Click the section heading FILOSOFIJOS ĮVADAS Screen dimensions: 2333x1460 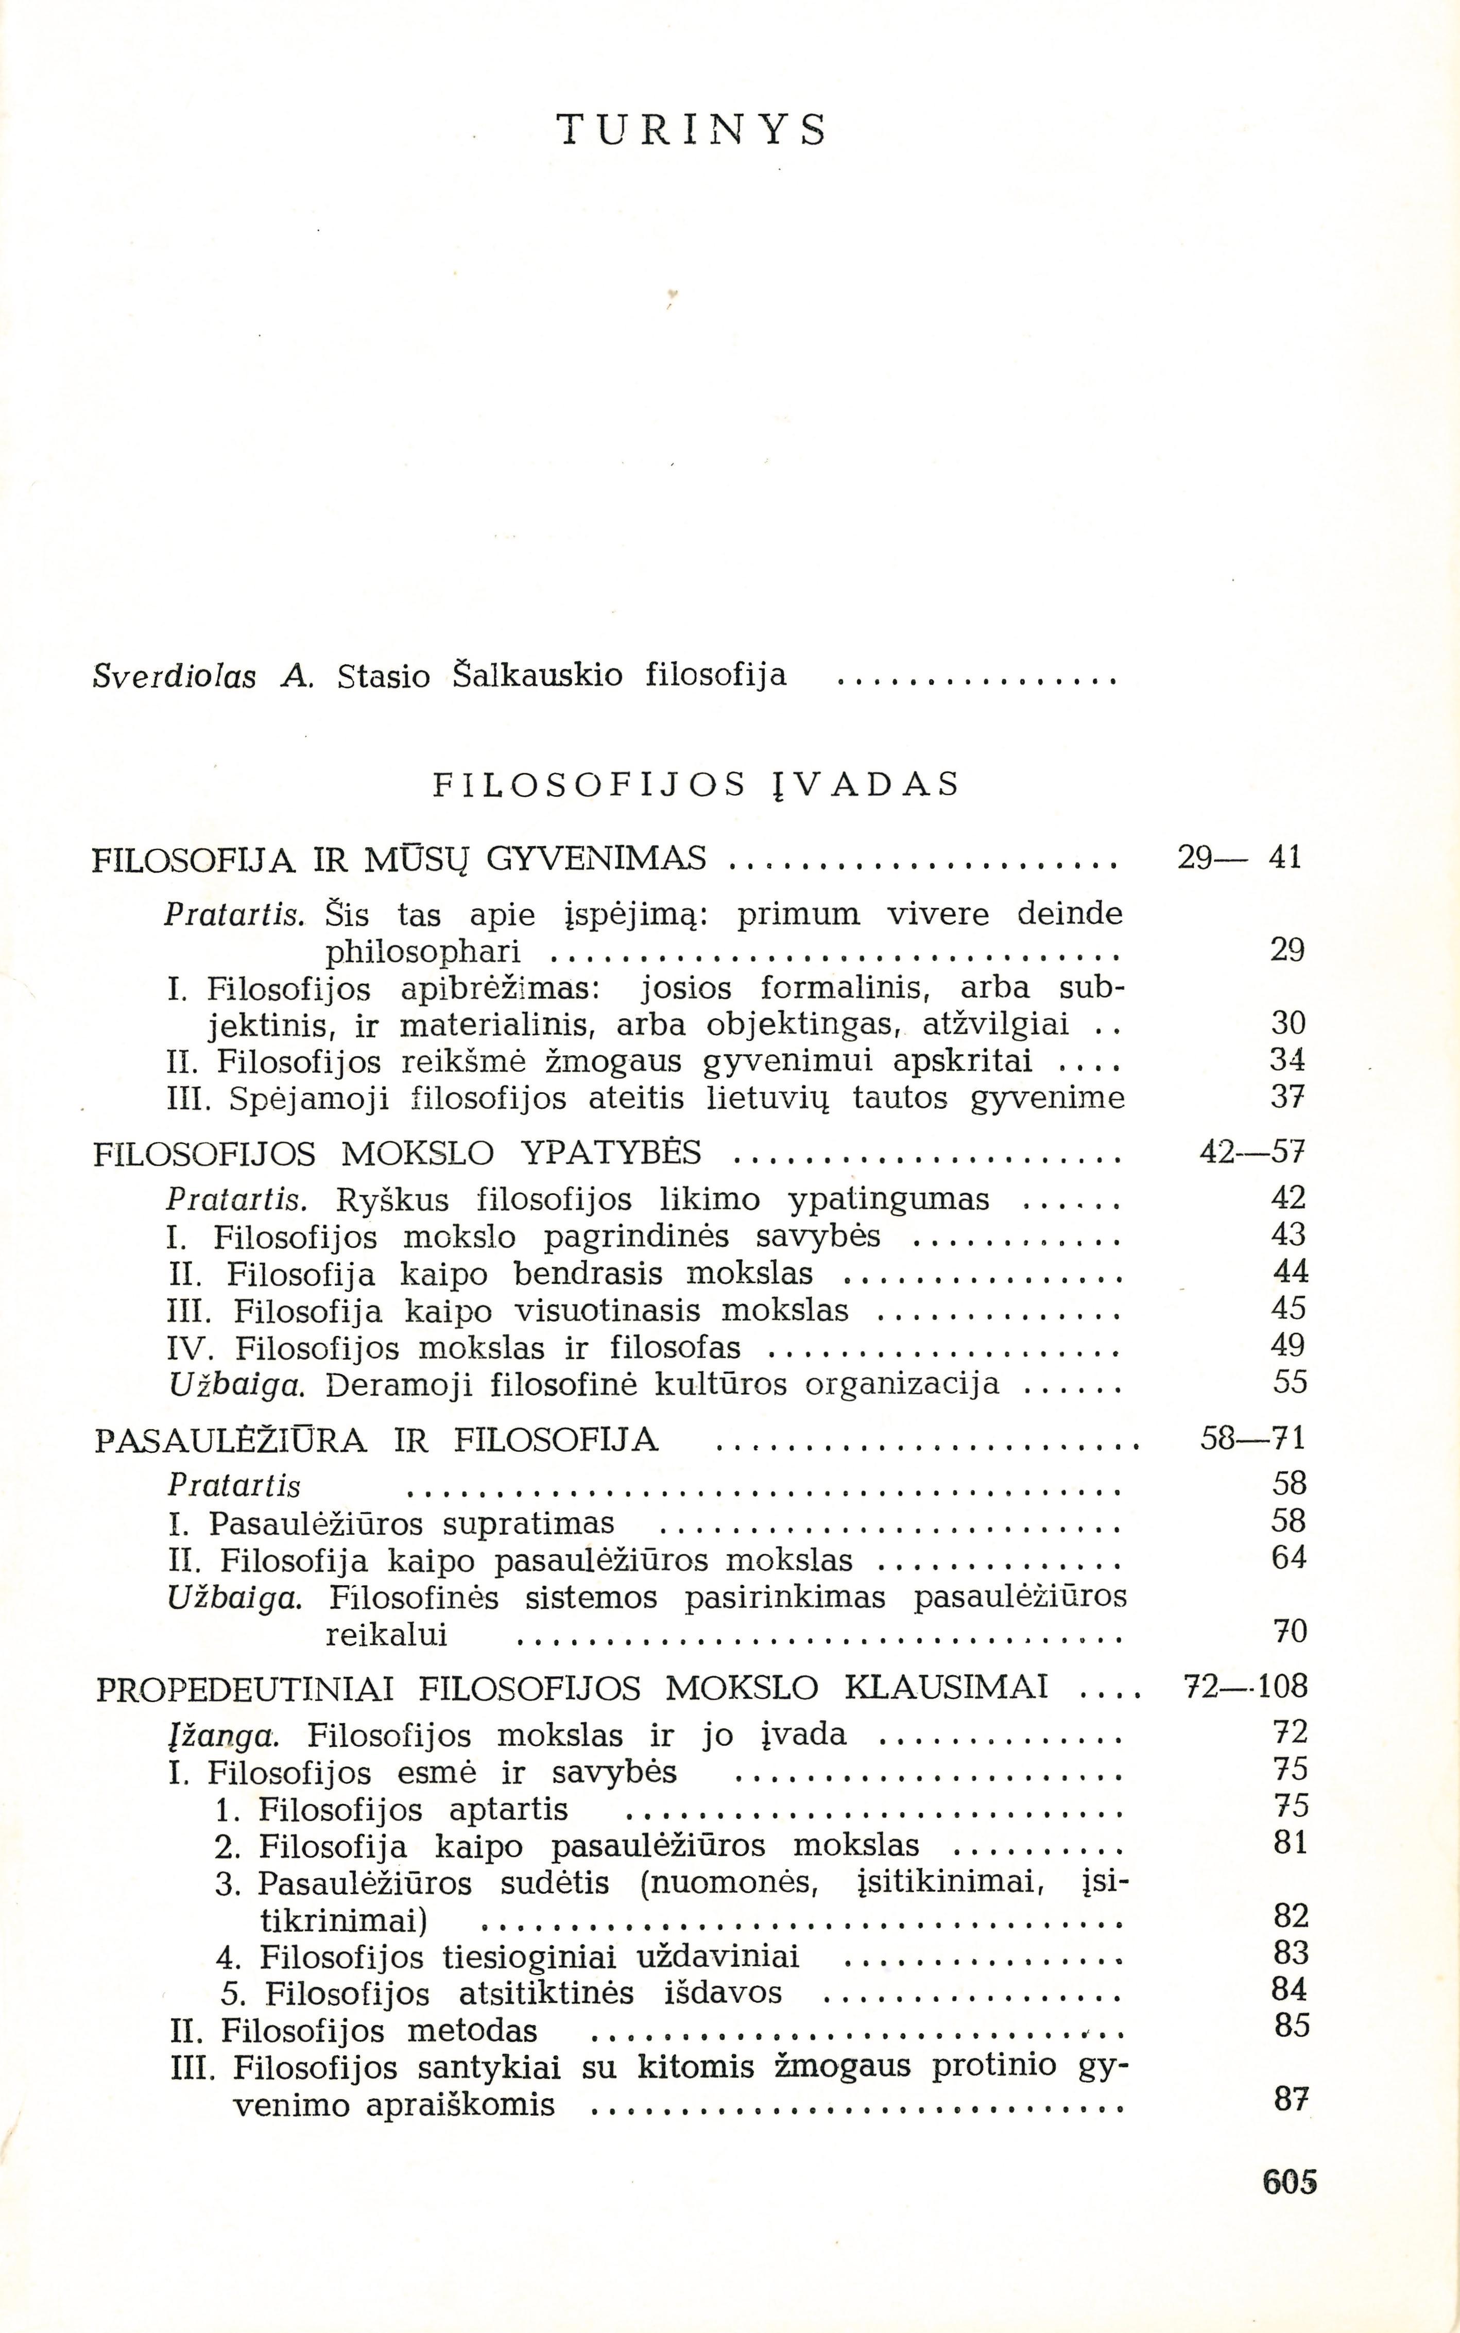pyautogui.click(x=695, y=783)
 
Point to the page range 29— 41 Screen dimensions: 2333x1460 pyautogui.click(x=1240, y=857)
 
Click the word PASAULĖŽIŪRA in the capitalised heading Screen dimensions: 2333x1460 pyautogui.click(x=232, y=1441)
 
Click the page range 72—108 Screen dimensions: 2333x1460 pyautogui.click(x=1245, y=1688)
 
